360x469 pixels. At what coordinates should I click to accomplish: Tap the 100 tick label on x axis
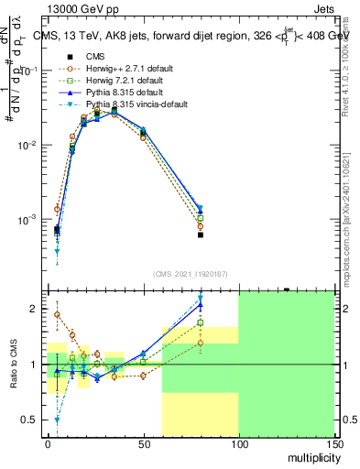tap(238, 443)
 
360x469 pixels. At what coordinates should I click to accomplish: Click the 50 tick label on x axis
tap(143, 443)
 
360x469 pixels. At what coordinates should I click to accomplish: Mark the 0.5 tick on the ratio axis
tap(29, 420)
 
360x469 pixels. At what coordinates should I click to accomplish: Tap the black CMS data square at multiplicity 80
tap(200, 234)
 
